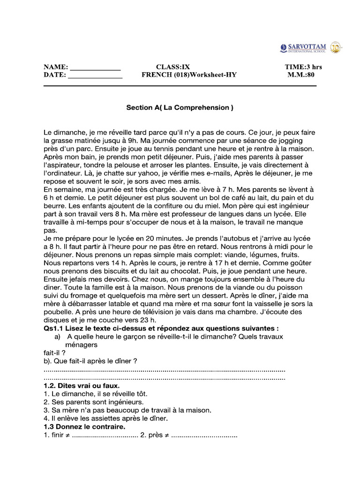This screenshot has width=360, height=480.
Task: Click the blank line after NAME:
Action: point(95,67)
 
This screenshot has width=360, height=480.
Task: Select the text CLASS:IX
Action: point(173,67)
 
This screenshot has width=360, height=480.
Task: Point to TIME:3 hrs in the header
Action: point(303,67)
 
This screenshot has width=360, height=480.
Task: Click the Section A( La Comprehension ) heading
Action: point(180,107)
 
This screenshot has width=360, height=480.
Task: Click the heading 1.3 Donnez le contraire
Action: point(84,427)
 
